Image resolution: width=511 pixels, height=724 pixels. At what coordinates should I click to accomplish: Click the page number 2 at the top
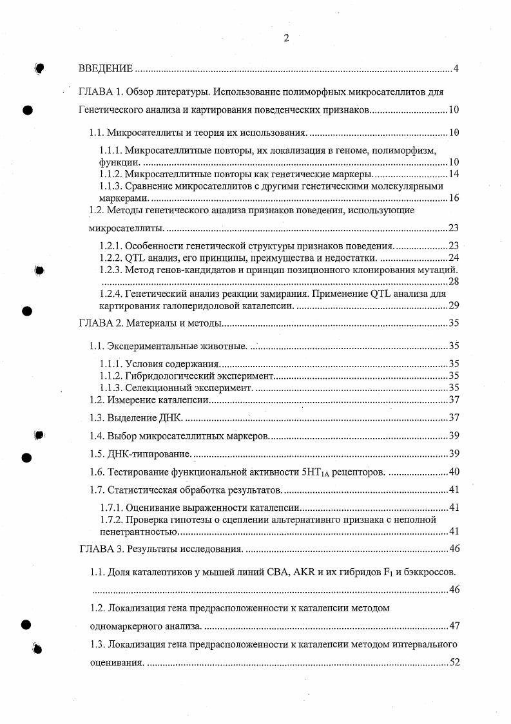click(286, 38)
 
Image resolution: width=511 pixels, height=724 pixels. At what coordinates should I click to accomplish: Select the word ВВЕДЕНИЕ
click(106, 69)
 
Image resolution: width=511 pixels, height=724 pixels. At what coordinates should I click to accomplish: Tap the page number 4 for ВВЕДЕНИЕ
click(455, 69)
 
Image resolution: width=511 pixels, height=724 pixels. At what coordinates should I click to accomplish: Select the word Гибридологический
click(168, 376)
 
